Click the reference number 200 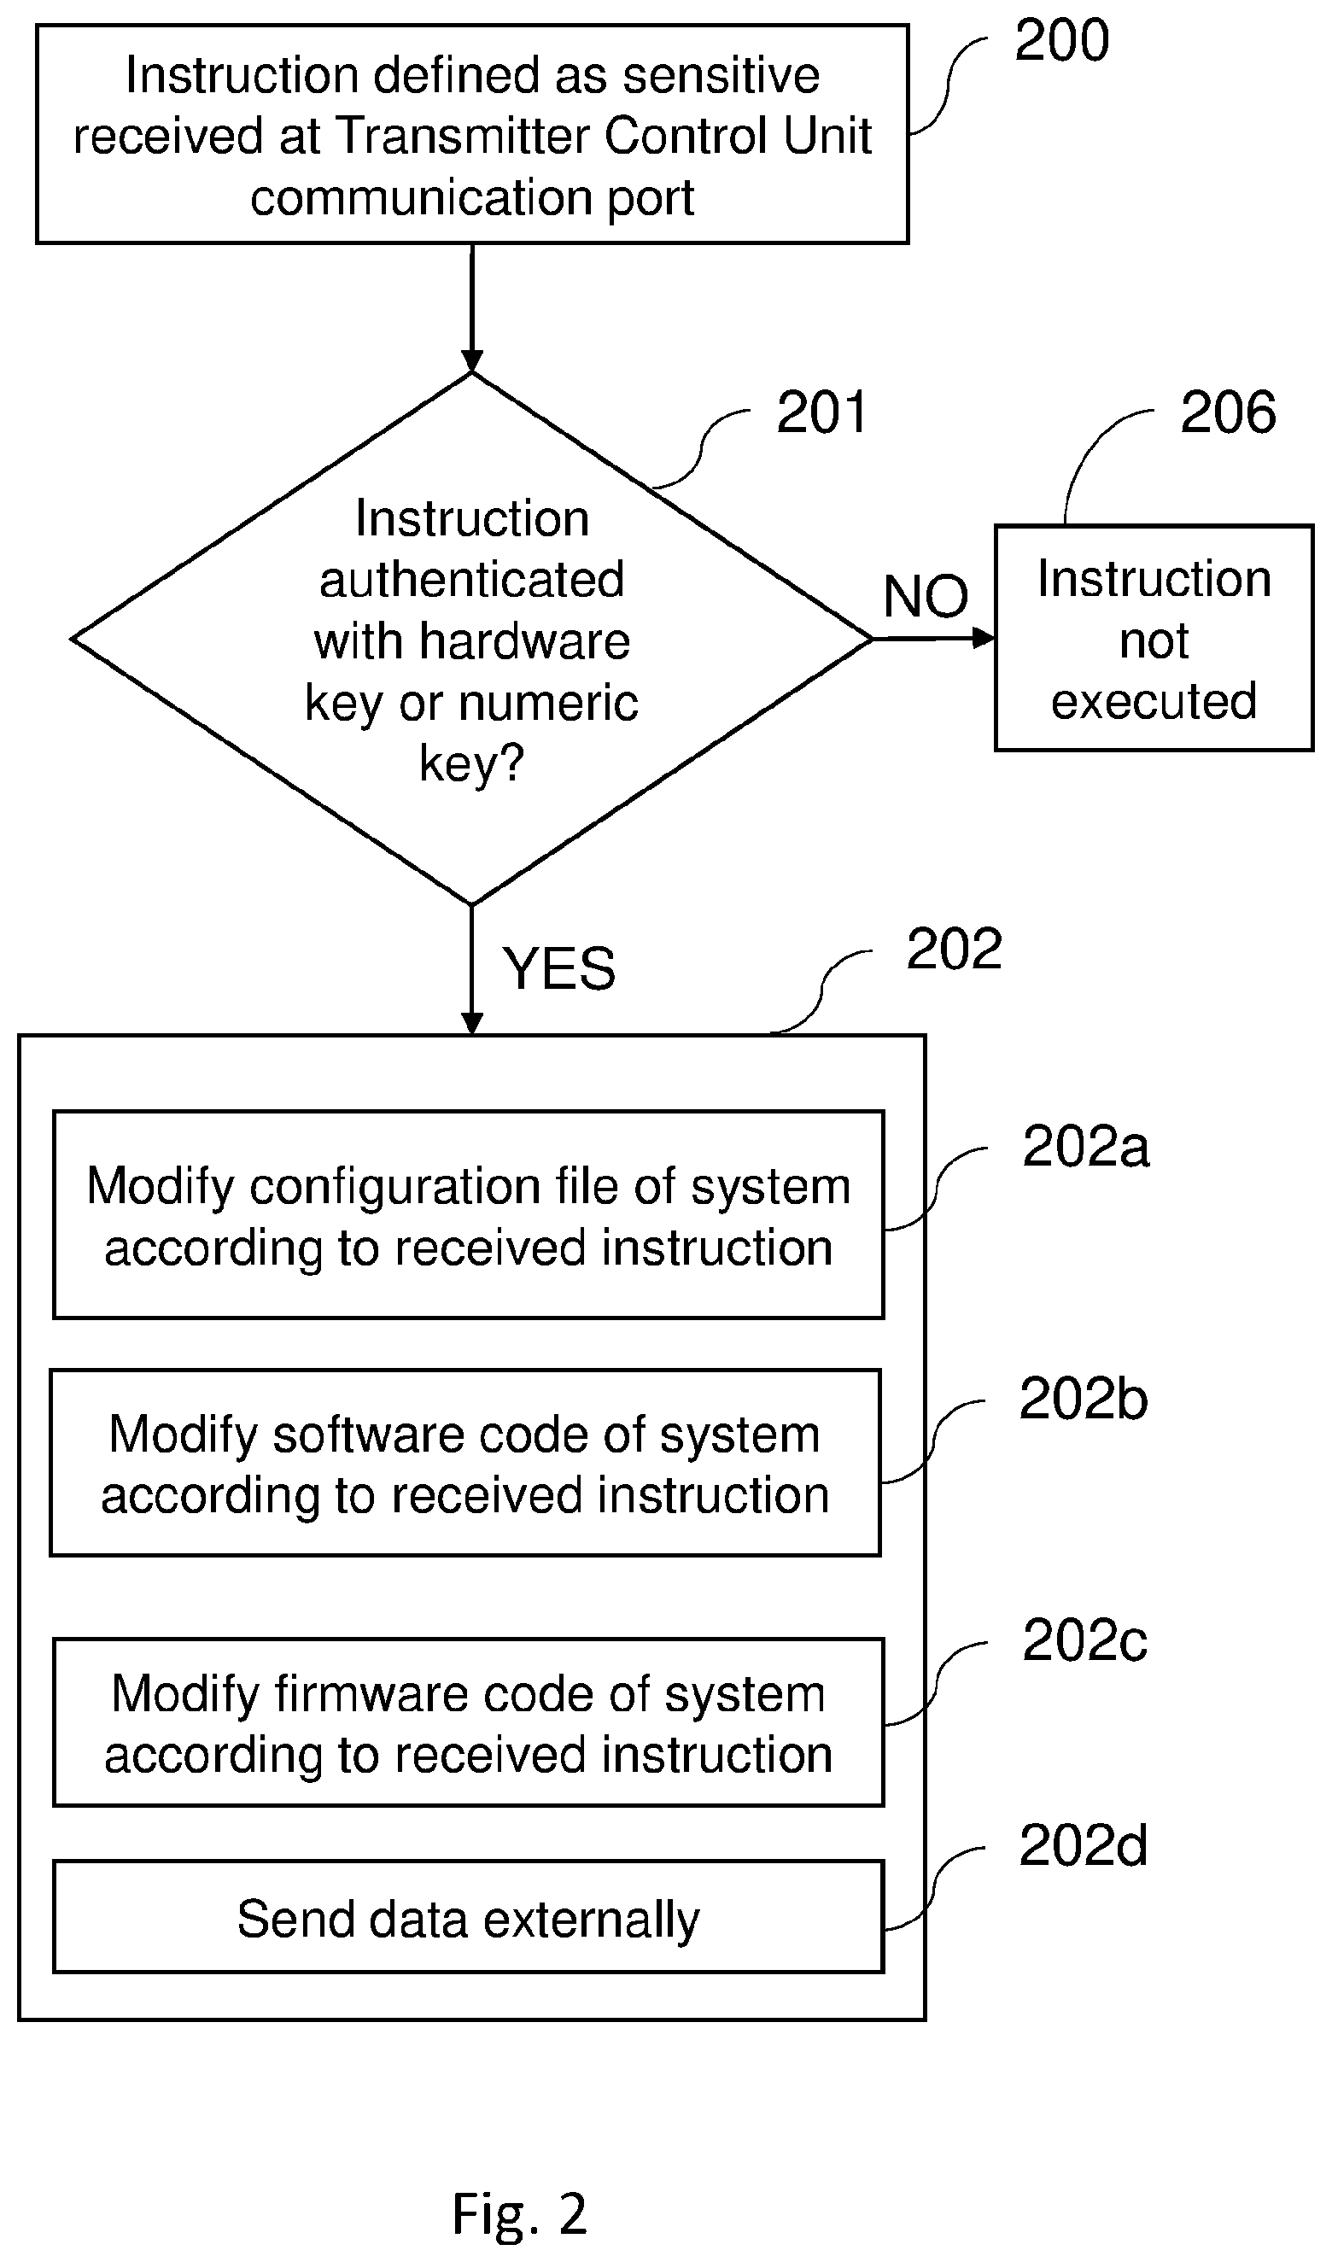1061,40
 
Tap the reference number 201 821,413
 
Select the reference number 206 1227,413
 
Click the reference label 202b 1084,1399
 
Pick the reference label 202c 1084,1640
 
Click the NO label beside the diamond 926,596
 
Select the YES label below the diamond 558,969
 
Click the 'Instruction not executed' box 1154,638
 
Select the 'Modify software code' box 465,1463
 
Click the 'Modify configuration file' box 469,1215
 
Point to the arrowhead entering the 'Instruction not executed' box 984,638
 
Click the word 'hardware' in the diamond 525,641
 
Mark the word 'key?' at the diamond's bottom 471,765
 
